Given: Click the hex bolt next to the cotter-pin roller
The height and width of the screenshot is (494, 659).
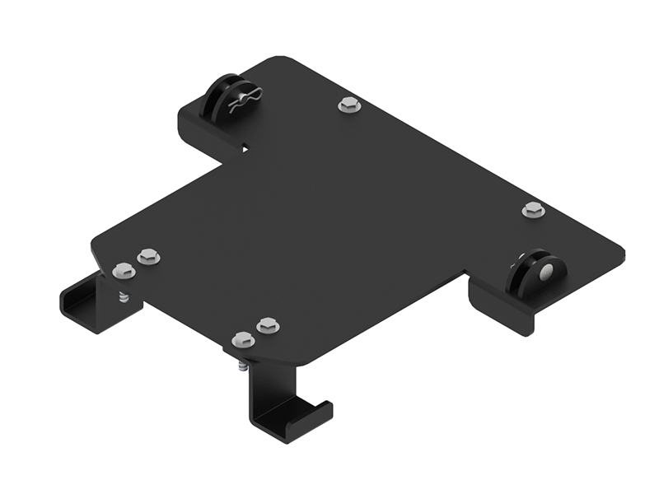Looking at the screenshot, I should [x=348, y=105].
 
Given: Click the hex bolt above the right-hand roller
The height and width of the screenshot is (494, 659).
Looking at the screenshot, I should [x=533, y=209].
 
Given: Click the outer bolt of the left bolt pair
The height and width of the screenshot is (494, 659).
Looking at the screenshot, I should [x=124, y=270].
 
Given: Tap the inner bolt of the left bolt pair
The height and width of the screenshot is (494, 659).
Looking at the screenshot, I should [x=149, y=256].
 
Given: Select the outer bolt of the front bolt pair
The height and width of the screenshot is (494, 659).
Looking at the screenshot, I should [x=242, y=338].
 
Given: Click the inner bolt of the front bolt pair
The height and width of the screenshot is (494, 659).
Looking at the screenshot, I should [x=268, y=324].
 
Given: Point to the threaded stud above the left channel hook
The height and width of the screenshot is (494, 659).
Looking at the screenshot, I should [x=124, y=295].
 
